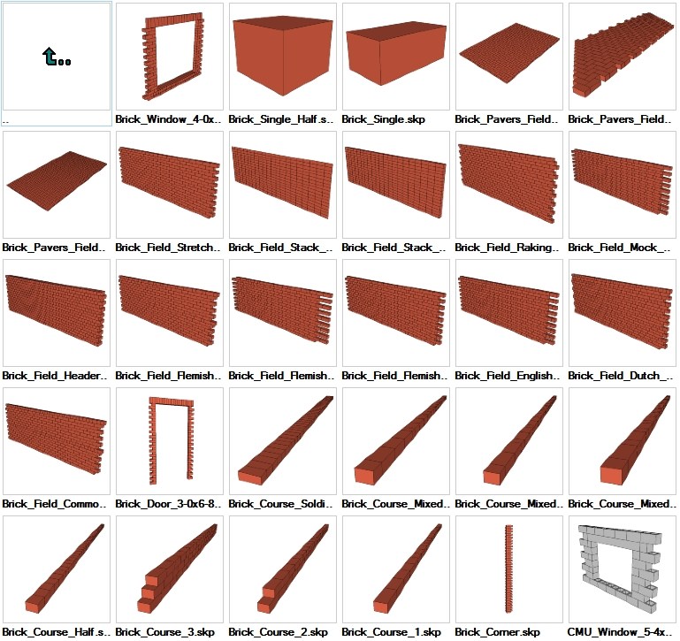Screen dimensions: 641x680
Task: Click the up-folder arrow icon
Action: [57, 58]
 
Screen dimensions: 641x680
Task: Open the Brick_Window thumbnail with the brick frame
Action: [170, 58]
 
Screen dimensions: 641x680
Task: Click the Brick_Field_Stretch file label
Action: [168, 248]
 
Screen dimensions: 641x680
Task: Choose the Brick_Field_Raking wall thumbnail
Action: [508, 184]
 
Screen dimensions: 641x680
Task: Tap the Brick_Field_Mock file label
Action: [618, 248]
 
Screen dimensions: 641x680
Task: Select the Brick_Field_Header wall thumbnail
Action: [57, 312]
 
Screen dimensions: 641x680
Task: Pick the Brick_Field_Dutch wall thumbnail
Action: [622, 312]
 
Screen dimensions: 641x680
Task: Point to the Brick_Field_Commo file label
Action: [55, 504]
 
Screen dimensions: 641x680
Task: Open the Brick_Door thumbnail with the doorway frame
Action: [170, 440]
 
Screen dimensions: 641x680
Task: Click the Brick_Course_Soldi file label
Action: [281, 504]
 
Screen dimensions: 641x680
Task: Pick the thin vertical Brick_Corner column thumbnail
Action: [508, 569]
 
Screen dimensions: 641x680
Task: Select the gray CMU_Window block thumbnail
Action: [622, 569]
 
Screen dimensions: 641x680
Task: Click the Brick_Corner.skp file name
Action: [497, 632]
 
